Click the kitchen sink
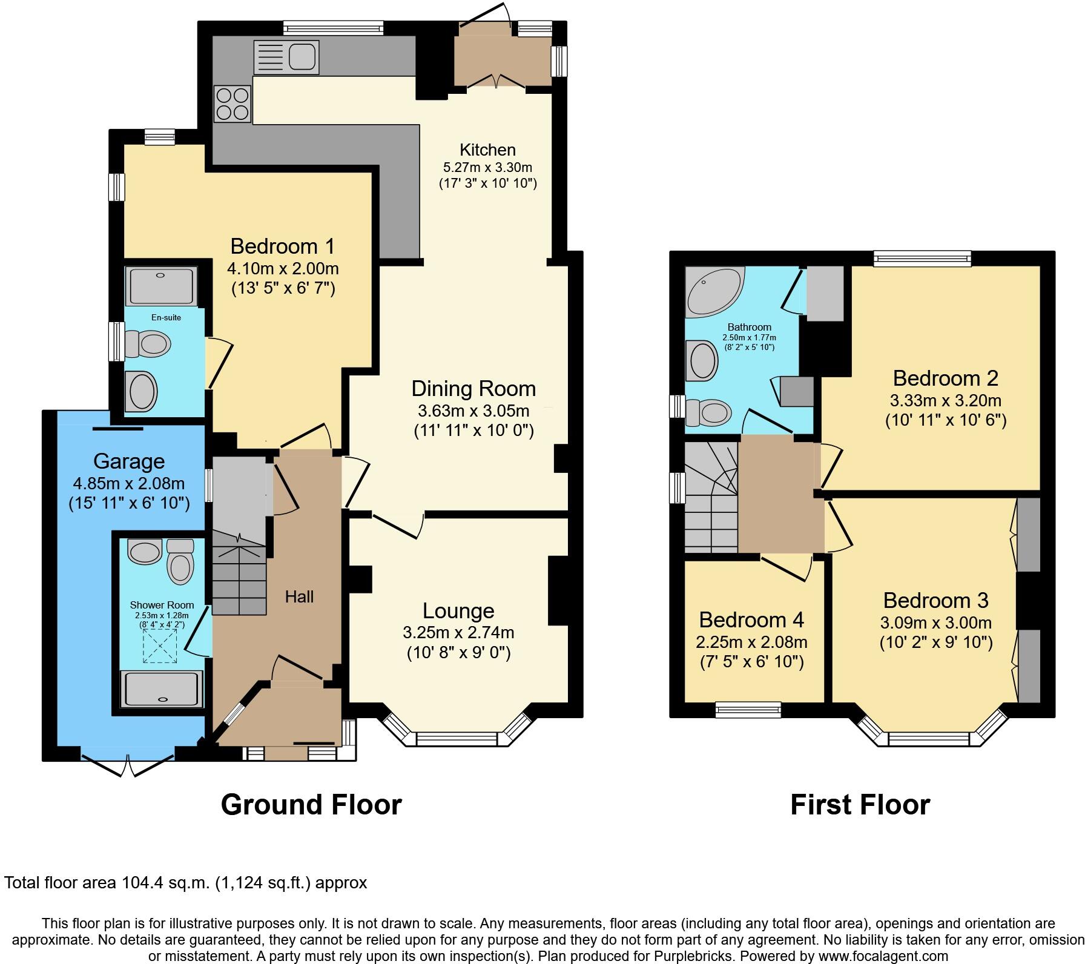286,58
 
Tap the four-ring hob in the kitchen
232,104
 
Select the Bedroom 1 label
282,246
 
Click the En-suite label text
166,317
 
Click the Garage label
129,461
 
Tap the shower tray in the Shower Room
162,688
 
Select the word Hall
299,597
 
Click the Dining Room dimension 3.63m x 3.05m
473,411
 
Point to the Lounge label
458,611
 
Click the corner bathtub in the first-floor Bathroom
713,292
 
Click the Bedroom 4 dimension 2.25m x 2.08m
751,642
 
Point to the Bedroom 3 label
935,601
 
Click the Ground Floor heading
311,805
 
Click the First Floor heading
860,805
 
